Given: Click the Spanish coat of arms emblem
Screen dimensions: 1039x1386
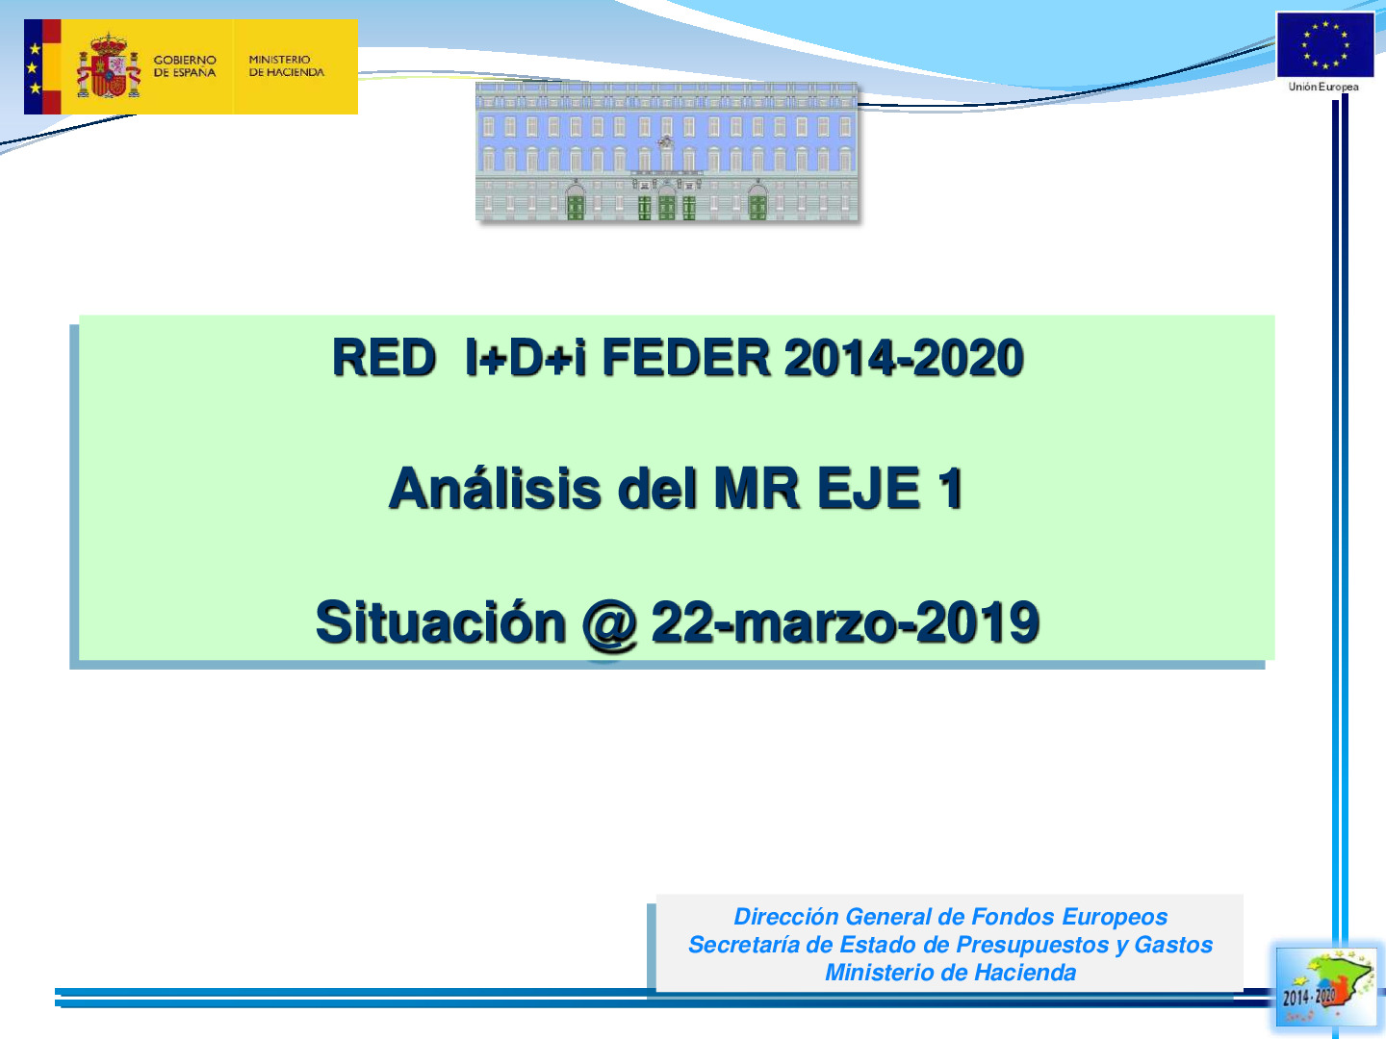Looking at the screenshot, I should (x=108, y=66).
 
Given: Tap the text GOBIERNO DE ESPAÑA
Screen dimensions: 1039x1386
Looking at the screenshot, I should (x=185, y=66).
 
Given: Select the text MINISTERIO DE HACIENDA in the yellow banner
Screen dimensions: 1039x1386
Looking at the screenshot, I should (x=286, y=66).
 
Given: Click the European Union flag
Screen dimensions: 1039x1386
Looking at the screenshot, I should (x=1324, y=45).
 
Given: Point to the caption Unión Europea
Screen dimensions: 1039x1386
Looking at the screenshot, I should (x=1323, y=88).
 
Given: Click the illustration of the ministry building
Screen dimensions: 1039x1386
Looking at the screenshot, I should (x=667, y=152).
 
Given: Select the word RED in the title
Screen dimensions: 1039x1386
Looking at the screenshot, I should (x=383, y=358).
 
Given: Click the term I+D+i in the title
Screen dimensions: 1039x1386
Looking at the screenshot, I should (x=525, y=358).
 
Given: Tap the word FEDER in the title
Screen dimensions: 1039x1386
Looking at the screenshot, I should (x=685, y=358).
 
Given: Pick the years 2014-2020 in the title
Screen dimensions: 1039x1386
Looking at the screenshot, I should (x=903, y=358).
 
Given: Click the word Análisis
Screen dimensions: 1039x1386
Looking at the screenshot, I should (x=495, y=489).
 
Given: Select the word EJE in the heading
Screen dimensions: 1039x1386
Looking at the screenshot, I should (x=867, y=489).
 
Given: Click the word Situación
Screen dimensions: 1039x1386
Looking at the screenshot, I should (x=441, y=622).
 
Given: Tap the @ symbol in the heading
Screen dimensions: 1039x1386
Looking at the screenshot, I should (x=609, y=624).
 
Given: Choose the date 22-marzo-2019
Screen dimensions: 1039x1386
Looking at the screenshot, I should (x=845, y=622).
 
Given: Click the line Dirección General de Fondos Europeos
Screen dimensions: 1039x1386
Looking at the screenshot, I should (x=950, y=917).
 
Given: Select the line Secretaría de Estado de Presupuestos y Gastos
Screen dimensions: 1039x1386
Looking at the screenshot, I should (x=950, y=945).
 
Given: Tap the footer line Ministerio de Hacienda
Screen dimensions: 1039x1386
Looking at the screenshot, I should (x=950, y=973).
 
